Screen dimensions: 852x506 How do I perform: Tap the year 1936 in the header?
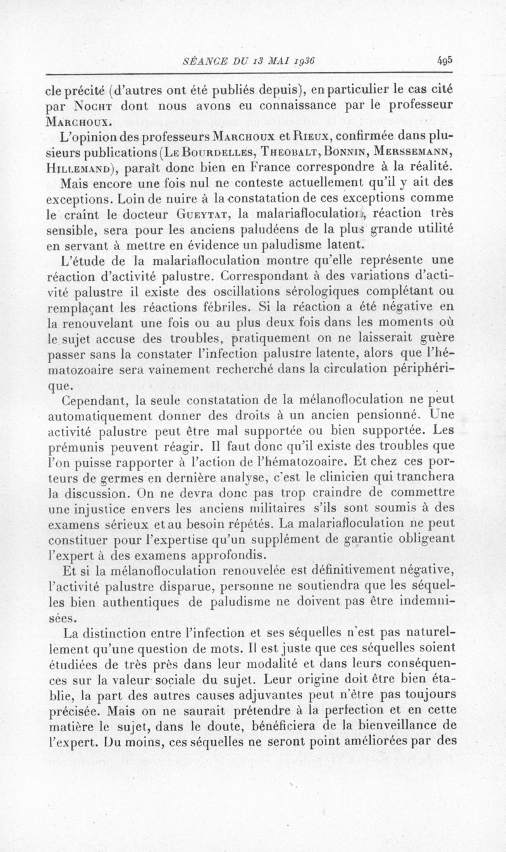[x=302, y=61]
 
